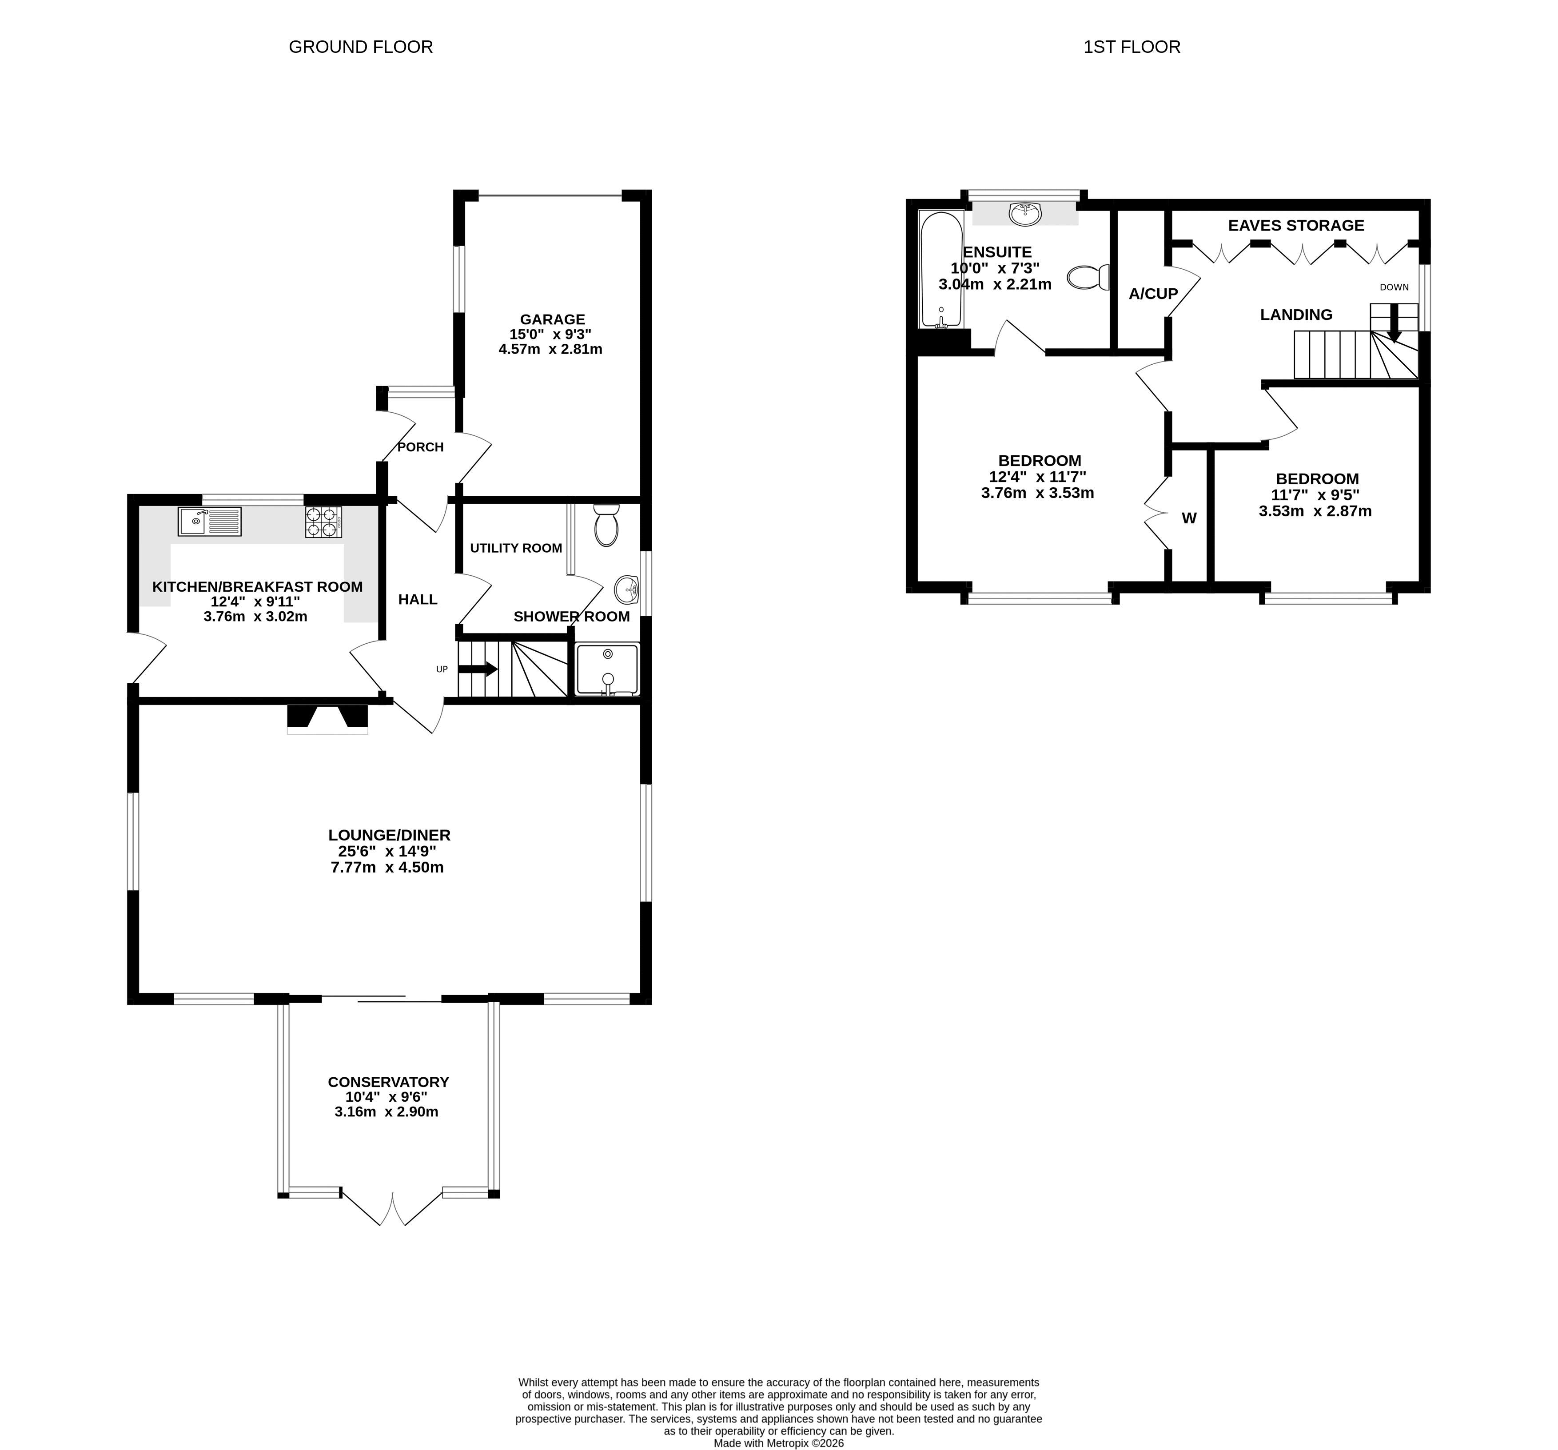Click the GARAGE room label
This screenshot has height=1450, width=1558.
click(553, 319)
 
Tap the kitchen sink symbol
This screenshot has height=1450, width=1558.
click(209, 521)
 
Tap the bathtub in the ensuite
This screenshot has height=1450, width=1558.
click(941, 269)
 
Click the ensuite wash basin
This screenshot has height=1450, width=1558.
click(1025, 213)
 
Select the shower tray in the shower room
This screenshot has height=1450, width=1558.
click(607, 669)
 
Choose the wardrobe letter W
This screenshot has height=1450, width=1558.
click(1189, 518)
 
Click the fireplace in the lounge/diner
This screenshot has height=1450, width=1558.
click(327, 719)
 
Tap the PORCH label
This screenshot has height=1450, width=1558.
click(421, 447)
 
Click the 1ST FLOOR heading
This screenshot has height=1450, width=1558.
click(1132, 47)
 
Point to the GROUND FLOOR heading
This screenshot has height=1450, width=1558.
click(360, 47)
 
